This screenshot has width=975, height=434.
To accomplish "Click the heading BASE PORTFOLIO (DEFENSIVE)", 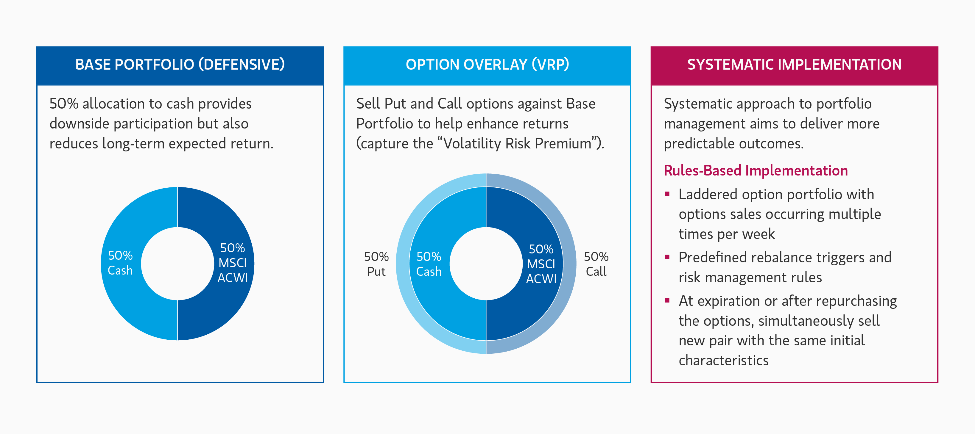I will pyautogui.click(x=180, y=65).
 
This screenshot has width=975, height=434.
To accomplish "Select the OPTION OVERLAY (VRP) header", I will pyautogui.click(x=487, y=65).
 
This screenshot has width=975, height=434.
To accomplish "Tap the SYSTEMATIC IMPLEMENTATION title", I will pyautogui.click(x=794, y=65).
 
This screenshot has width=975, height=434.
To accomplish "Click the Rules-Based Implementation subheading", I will pyautogui.click(x=756, y=170).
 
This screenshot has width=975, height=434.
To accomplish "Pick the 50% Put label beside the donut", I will pyautogui.click(x=376, y=264).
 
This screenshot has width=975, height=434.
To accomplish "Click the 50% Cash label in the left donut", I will pyautogui.click(x=120, y=263).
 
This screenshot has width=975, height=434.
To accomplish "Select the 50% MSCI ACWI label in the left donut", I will pyautogui.click(x=232, y=263).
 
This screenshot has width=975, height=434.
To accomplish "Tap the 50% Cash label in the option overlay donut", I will pyautogui.click(x=429, y=264).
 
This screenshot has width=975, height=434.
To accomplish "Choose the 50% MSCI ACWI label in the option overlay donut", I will pyautogui.click(x=541, y=264).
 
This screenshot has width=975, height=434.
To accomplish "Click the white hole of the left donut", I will pyautogui.click(x=177, y=264).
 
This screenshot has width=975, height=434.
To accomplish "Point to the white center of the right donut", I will pyautogui.click(x=486, y=264).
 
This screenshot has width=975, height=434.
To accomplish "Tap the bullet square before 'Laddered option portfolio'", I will pyautogui.click(x=667, y=194).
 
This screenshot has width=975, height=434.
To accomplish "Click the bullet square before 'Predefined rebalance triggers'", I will pyautogui.click(x=667, y=257).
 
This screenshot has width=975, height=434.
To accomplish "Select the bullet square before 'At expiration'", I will pyautogui.click(x=667, y=301).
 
